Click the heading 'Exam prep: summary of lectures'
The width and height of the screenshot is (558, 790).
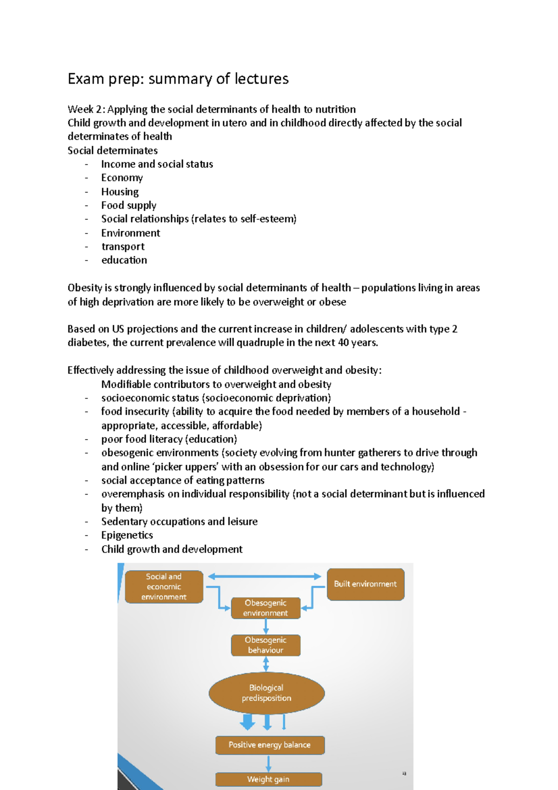tap(178, 79)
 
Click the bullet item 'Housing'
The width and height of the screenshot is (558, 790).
tap(120, 192)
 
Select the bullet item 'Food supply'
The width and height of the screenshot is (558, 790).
tap(129, 205)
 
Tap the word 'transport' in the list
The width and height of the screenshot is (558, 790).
tap(123, 247)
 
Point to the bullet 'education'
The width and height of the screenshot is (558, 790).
tap(124, 260)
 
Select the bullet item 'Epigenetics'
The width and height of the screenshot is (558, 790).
tap(127, 535)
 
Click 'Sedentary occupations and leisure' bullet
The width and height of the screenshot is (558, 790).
tap(179, 522)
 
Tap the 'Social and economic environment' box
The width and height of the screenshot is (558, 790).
tap(164, 587)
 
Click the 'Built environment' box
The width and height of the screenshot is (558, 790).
tap(365, 584)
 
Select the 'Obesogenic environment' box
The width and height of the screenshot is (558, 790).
tap(266, 608)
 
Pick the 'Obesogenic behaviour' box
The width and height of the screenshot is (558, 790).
tap(266, 645)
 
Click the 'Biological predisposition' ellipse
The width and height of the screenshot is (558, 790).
tap(266, 693)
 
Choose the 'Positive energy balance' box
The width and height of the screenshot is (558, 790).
tap(270, 745)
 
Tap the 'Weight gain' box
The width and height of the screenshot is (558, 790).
tap(268, 779)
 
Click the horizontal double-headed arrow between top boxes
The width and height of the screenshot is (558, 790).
tap(265, 576)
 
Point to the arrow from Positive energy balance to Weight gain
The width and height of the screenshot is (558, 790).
tap(269, 763)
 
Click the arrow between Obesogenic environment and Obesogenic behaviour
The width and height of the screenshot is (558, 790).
tap(266, 627)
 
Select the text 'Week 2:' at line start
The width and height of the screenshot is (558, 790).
tap(86, 109)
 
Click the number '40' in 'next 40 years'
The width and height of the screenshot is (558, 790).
tap(344, 343)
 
